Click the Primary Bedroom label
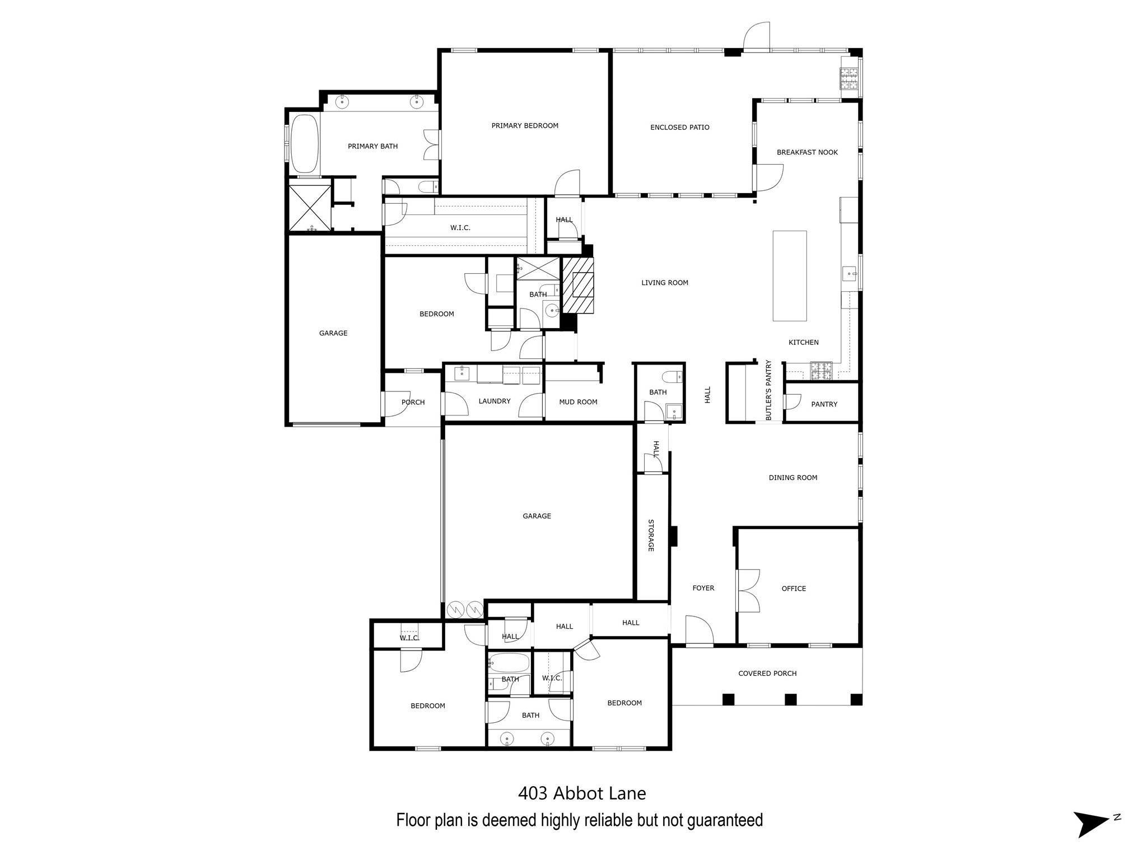pyautogui.click(x=525, y=126)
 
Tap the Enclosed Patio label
pyautogui.click(x=679, y=128)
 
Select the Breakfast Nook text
pyautogui.click(x=807, y=152)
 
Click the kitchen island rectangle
pyautogui.click(x=789, y=275)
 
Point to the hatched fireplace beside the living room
pyautogui.click(x=577, y=285)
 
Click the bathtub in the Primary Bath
pyautogui.click(x=305, y=144)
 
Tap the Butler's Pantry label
pyautogui.click(x=768, y=390)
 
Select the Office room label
pyautogui.click(x=794, y=588)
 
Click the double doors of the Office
pyautogui.click(x=748, y=591)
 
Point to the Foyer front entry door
pyautogui.click(x=699, y=631)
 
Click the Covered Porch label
pyautogui.click(x=767, y=674)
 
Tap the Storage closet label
pyautogui.click(x=651, y=535)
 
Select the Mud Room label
pyautogui.click(x=578, y=402)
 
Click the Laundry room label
pyautogui.click(x=495, y=401)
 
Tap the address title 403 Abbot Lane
pyautogui.click(x=582, y=793)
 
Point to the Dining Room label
pyautogui.click(x=792, y=478)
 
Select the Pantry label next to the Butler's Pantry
pyautogui.click(x=824, y=404)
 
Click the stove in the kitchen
pyautogui.click(x=822, y=371)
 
